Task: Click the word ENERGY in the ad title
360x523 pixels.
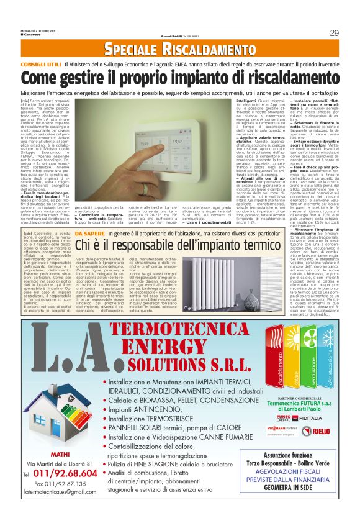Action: [179, 342]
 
